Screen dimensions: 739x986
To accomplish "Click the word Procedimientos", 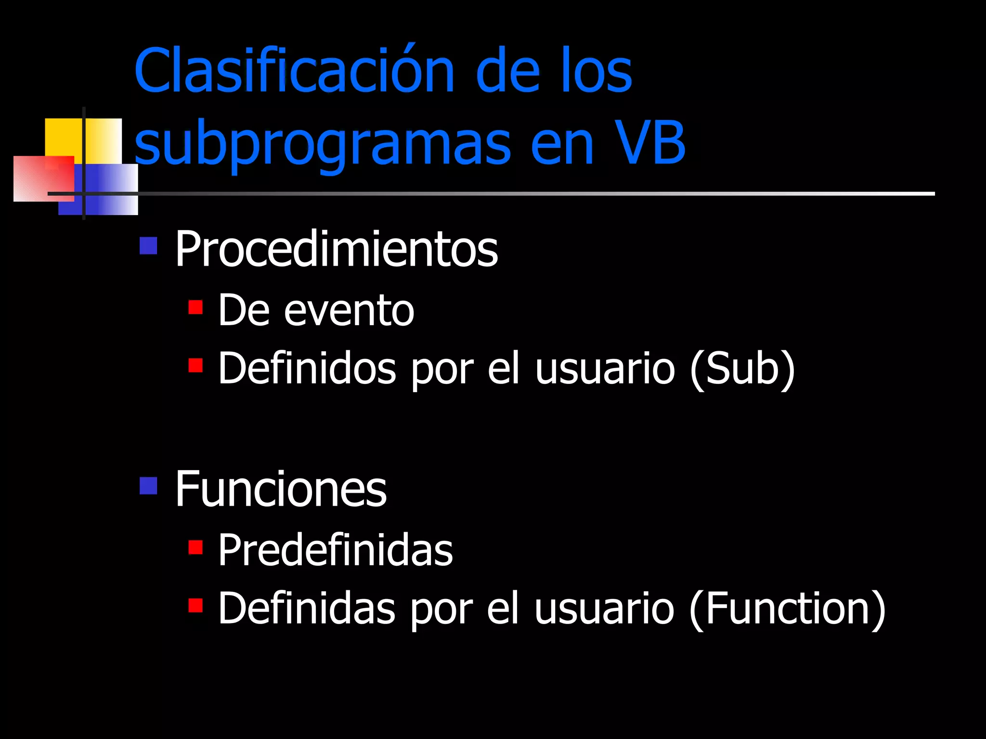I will coord(336,249).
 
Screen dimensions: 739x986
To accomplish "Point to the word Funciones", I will coord(281,489).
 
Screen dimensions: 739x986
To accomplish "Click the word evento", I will coord(349,311).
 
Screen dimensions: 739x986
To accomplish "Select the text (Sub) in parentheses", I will coord(742,369).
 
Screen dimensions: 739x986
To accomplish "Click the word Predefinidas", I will coord(336,550).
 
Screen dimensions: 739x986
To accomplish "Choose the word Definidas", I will coord(307,609).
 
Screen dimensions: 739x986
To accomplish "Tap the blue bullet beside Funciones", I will coord(148,485).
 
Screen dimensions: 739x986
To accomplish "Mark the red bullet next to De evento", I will coord(195,307).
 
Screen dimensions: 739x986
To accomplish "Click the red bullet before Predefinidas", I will coord(195,547).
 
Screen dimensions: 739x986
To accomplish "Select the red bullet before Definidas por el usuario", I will coord(195,605).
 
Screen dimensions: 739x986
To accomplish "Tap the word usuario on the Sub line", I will coord(605,369).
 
